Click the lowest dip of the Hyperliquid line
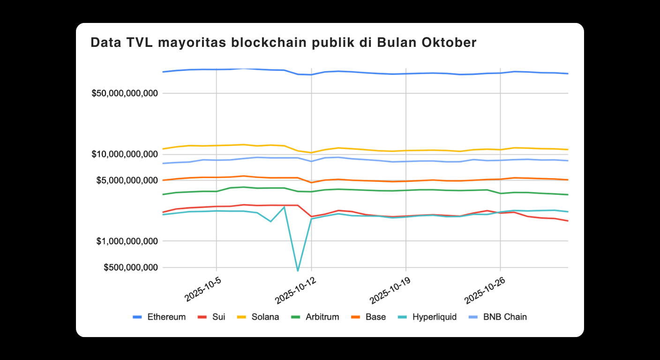point(298,270)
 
